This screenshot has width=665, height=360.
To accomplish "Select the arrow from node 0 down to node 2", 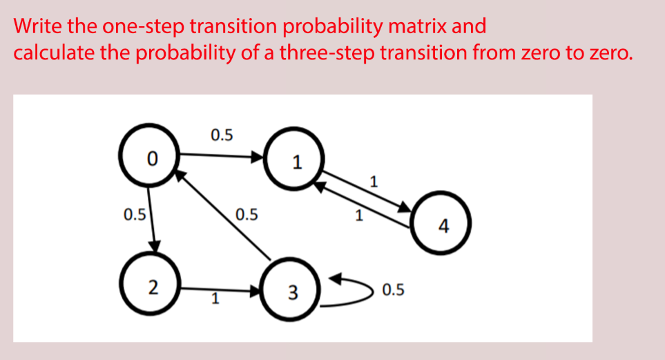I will (153, 222).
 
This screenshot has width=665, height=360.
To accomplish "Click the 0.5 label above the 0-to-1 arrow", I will (222, 134).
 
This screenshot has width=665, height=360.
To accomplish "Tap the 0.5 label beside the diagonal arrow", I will (247, 214).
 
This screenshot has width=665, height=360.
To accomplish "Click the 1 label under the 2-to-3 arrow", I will (215, 301).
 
